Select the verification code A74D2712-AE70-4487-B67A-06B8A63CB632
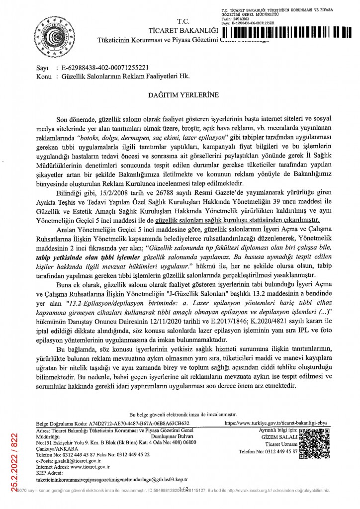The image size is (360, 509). click(138, 424)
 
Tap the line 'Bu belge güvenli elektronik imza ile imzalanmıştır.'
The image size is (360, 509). click(182, 414)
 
